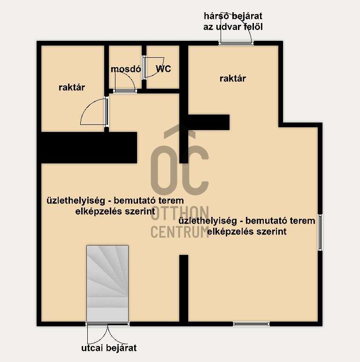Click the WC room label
(x=163, y=69)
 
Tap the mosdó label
(x=126, y=69)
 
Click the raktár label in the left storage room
(x=72, y=87)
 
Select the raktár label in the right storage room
(x=233, y=78)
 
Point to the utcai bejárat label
(x=109, y=348)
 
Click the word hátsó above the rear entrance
(x=216, y=16)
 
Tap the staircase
(x=107, y=283)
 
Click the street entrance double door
(x=108, y=334)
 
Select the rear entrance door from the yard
(x=236, y=28)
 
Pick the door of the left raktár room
(x=95, y=112)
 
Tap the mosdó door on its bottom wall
(x=125, y=82)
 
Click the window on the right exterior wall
(x=320, y=232)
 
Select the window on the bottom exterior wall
(x=251, y=324)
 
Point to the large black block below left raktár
(x=89, y=147)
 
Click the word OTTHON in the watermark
(x=180, y=213)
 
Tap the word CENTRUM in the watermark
(x=180, y=231)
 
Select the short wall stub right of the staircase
(x=184, y=289)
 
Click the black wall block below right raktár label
(x=208, y=122)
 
